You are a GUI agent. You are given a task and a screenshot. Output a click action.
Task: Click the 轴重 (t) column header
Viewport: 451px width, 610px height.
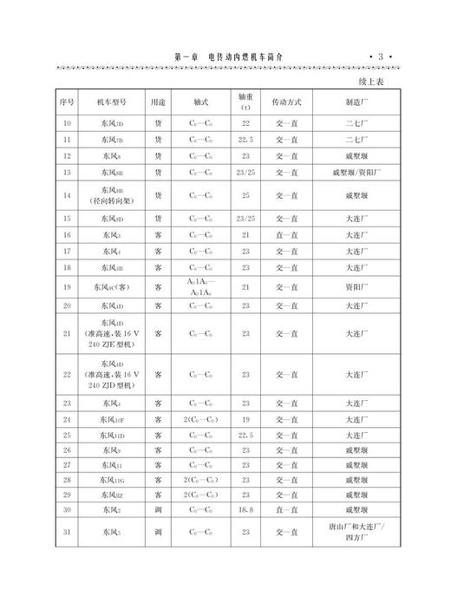(245, 102)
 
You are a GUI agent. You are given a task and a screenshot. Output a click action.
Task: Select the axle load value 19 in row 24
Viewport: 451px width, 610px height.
(245, 420)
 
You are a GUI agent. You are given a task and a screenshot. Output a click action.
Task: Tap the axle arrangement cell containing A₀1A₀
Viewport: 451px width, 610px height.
(201, 287)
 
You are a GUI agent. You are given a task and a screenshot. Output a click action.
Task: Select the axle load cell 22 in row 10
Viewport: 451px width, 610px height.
(245, 123)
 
